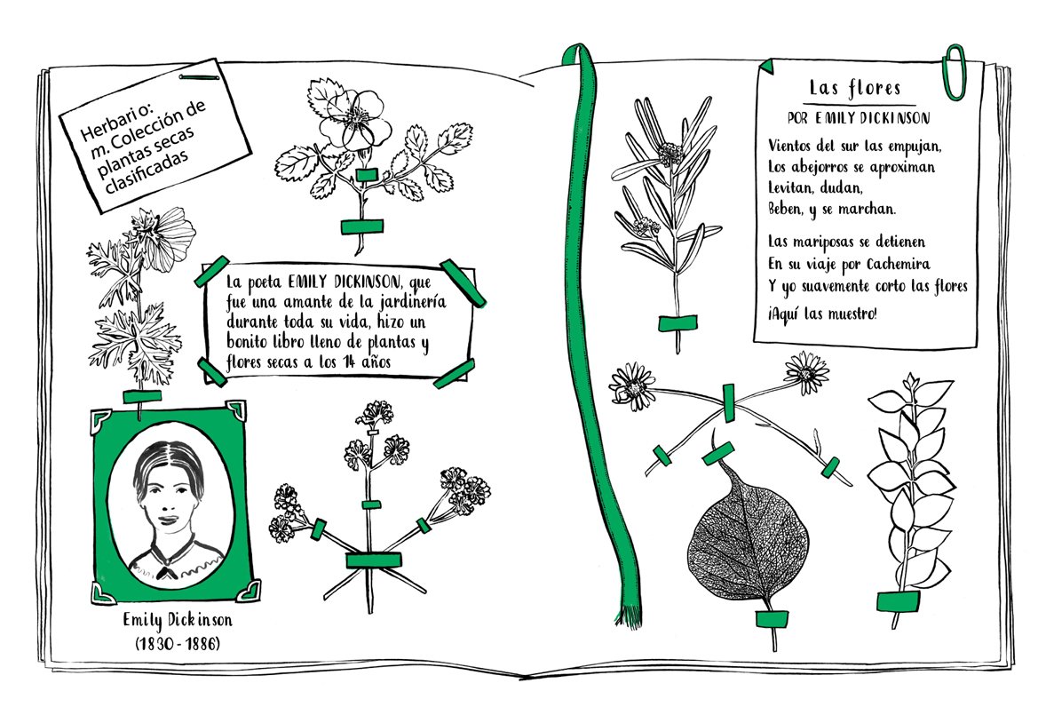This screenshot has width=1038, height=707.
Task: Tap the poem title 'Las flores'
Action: coord(855,88)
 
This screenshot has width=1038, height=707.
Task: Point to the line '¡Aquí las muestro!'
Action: coord(822,314)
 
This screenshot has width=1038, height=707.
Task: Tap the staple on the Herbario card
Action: coord(199,77)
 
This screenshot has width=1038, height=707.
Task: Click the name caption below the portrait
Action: coord(178,620)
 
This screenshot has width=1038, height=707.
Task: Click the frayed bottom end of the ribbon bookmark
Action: coord(630,616)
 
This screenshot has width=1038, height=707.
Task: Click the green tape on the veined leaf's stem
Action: coord(772,619)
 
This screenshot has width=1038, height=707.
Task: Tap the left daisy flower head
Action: coord(632,386)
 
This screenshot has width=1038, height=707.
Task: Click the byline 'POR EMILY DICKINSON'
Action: coord(859,118)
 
